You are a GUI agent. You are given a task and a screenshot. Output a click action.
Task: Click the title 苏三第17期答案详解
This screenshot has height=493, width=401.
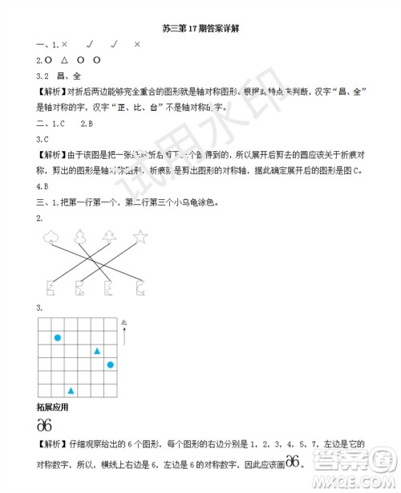[x=201, y=28]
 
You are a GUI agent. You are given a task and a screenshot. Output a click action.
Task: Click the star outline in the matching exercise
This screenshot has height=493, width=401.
[x=141, y=236]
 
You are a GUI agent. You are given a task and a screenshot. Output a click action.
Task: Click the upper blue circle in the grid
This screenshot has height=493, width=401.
[x=57, y=338]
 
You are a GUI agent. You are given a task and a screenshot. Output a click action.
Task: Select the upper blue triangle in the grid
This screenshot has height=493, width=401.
[x=96, y=351]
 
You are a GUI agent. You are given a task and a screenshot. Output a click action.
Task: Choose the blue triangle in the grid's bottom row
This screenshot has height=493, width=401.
[x=71, y=390]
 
